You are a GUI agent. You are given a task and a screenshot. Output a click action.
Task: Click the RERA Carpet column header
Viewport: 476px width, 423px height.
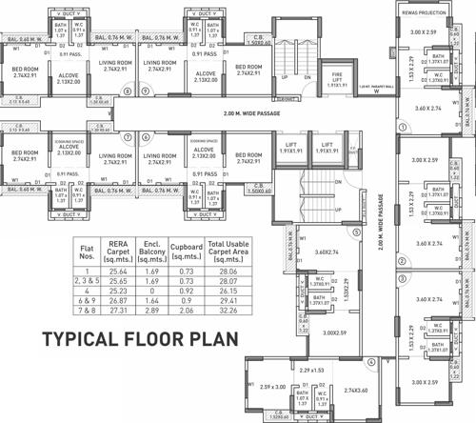pos(118,251)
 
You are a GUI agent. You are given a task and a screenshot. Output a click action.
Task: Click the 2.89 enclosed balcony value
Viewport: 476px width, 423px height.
pos(154,311)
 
